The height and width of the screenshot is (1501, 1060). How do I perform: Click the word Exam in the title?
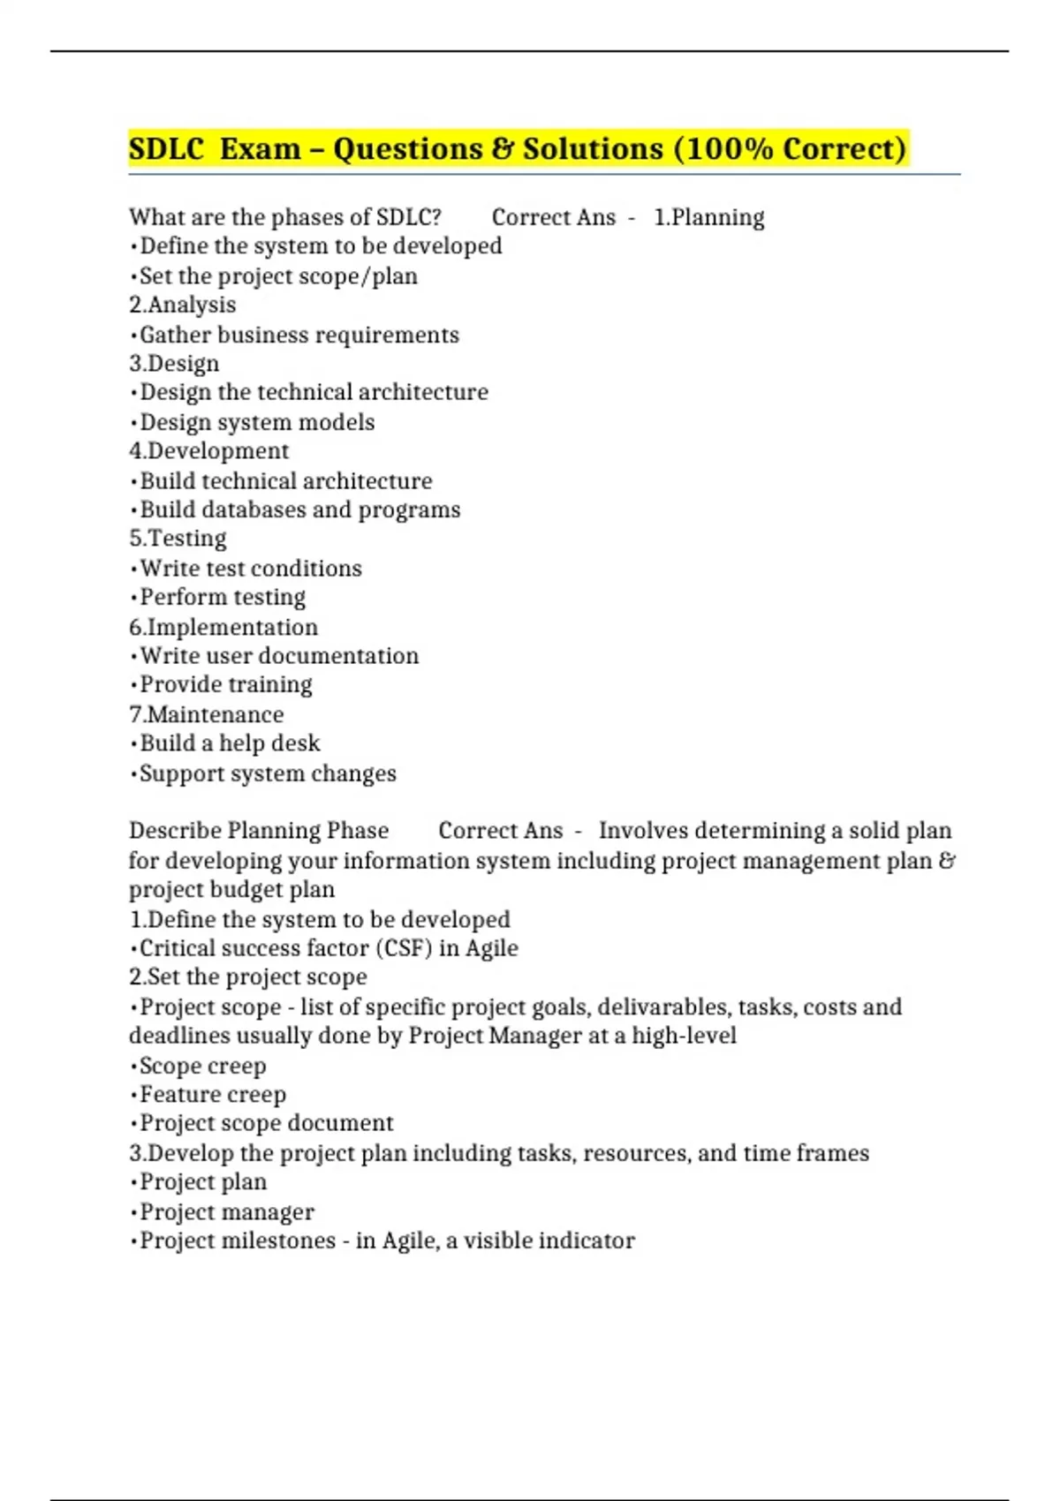(260, 148)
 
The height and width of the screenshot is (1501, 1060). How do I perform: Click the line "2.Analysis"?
(183, 305)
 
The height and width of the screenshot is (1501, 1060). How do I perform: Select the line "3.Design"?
(174, 363)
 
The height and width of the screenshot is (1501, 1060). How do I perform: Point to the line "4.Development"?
(209, 450)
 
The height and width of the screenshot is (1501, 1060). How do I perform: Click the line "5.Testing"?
(178, 538)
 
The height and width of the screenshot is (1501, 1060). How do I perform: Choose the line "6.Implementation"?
(223, 627)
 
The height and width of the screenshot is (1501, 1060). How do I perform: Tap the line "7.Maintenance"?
(207, 714)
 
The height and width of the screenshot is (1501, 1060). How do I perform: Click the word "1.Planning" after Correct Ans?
(709, 217)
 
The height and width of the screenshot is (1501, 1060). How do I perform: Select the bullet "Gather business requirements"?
(299, 335)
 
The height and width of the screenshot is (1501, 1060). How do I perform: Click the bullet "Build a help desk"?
(230, 743)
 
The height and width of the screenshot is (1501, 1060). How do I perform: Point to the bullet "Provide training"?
(226, 684)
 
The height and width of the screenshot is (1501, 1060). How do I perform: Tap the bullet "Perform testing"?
(223, 597)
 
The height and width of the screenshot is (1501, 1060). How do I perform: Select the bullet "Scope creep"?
(202, 1066)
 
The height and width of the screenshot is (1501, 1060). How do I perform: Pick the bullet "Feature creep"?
(213, 1095)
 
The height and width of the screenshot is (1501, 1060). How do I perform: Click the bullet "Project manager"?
(227, 1211)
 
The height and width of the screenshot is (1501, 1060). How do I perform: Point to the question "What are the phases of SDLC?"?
(285, 217)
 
